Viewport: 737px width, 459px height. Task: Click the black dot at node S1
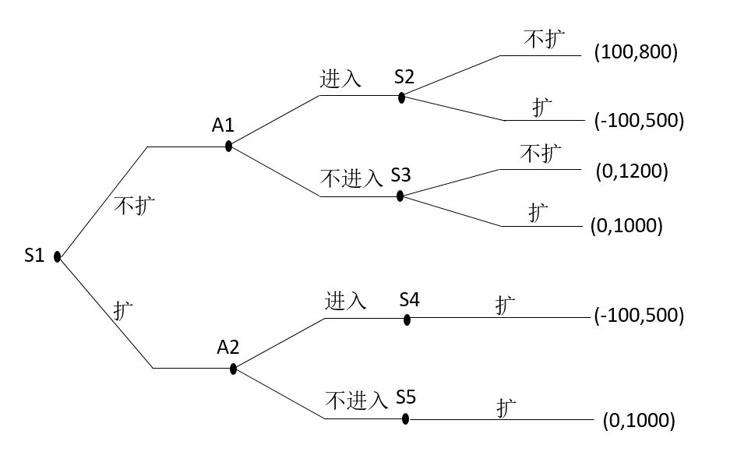(x=58, y=257)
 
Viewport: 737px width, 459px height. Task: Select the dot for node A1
(x=228, y=147)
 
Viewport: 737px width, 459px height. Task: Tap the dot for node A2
(x=233, y=369)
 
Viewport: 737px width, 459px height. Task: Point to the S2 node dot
(x=401, y=98)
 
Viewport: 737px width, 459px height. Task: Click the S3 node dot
(x=400, y=196)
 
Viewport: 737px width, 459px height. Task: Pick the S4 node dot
(x=407, y=320)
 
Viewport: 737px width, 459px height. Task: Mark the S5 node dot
(x=406, y=419)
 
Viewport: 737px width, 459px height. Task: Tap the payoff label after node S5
(x=639, y=420)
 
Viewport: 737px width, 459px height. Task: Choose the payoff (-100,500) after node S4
(x=640, y=315)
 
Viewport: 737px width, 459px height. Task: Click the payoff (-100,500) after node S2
(x=640, y=120)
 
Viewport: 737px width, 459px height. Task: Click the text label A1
(x=223, y=125)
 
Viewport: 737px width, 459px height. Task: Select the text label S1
(x=34, y=256)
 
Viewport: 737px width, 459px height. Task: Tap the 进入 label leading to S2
(x=340, y=78)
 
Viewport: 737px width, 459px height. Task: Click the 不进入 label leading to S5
(x=356, y=401)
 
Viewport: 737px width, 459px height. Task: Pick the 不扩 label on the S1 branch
(x=135, y=206)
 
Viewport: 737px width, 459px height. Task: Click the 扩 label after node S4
(x=506, y=305)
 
